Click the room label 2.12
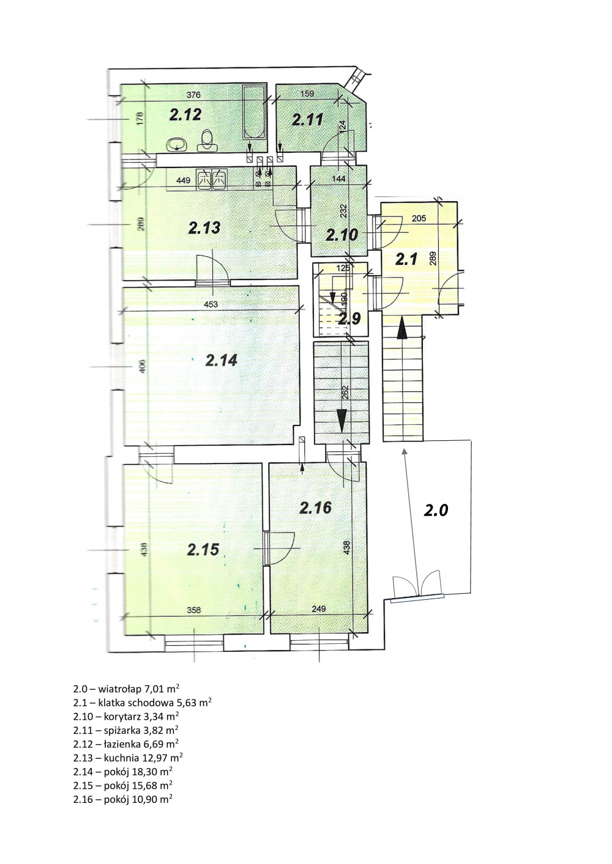point(185,114)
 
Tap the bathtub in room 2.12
point(254,113)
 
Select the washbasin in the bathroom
point(177,145)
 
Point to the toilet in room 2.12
point(207,141)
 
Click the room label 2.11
point(307,120)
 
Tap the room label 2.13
point(204,227)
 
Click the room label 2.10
point(342,235)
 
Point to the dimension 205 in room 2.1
point(419,219)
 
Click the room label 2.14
point(222,361)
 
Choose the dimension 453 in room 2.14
point(211,305)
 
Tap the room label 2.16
point(315,508)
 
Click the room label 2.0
point(436,511)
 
